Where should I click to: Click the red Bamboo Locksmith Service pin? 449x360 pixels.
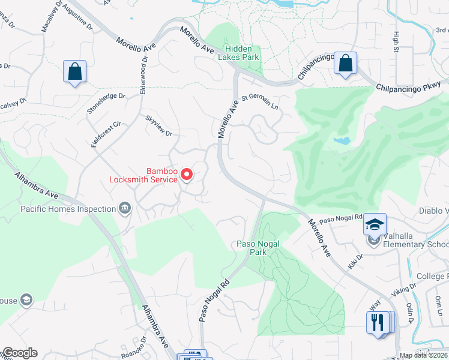point(187,175)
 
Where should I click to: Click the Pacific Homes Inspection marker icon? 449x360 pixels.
point(125,208)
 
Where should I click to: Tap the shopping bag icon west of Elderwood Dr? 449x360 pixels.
point(74,72)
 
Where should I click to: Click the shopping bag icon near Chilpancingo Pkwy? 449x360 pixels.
point(346,63)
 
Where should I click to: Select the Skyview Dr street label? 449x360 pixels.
point(158,125)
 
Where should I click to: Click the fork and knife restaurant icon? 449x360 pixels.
point(376,323)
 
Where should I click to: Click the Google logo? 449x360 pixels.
point(19,353)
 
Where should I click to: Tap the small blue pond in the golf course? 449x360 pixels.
point(342,142)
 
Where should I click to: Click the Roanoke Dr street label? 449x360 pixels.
point(133,348)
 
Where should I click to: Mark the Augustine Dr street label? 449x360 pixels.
point(77,22)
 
